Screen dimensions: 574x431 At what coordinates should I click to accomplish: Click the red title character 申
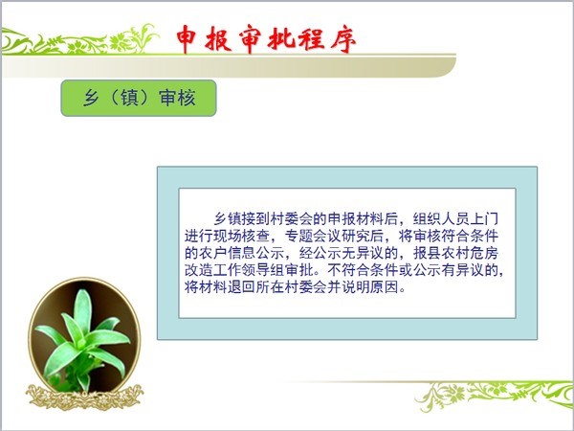coord(187,39)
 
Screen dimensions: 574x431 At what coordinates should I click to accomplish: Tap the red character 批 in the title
coord(280,39)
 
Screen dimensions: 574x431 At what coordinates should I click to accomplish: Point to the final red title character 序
coord(343,39)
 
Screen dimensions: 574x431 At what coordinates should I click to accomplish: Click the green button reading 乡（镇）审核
coord(139,98)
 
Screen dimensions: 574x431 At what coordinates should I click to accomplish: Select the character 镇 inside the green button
coord(129,98)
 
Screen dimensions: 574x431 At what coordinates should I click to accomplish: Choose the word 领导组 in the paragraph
coord(263,270)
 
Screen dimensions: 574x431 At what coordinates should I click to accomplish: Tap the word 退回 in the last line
coord(241,287)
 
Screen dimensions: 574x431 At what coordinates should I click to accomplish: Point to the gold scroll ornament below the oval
coord(84,397)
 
